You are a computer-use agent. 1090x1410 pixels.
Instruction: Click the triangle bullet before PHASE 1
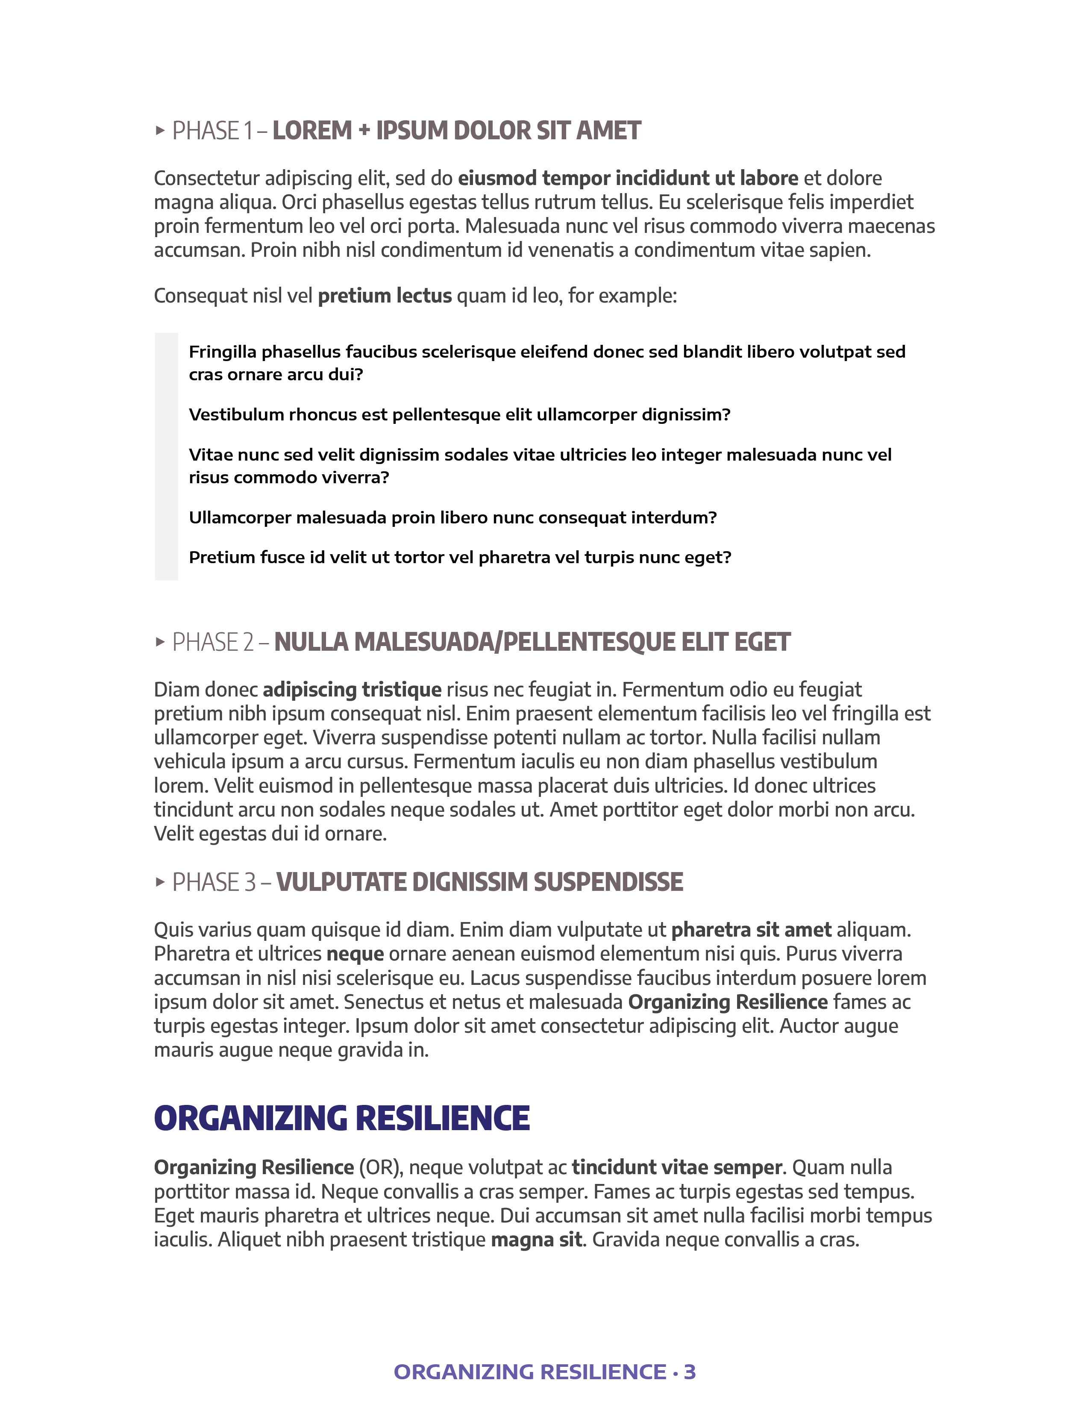[x=160, y=131]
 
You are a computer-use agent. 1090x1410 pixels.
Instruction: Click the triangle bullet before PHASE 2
[x=160, y=642]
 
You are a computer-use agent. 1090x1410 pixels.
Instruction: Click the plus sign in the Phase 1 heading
[x=364, y=131]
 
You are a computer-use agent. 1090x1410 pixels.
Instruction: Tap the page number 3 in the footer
[x=690, y=1371]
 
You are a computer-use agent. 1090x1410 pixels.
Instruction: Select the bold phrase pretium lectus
[x=385, y=296]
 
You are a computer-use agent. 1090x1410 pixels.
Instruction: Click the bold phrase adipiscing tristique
[x=352, y=690]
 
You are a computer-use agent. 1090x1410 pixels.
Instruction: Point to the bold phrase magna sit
[x=536, y=1240]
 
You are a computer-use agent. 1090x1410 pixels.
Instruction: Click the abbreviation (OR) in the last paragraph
[x=381, y=1167]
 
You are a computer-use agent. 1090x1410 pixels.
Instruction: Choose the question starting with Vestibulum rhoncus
[x=459, y=414]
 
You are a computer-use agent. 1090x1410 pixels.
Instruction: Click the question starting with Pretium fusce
[x=460, y=557]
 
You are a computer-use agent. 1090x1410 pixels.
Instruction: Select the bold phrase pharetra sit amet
[x=751, y=930]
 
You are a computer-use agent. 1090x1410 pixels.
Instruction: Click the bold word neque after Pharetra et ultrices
[x=355, y=954]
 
